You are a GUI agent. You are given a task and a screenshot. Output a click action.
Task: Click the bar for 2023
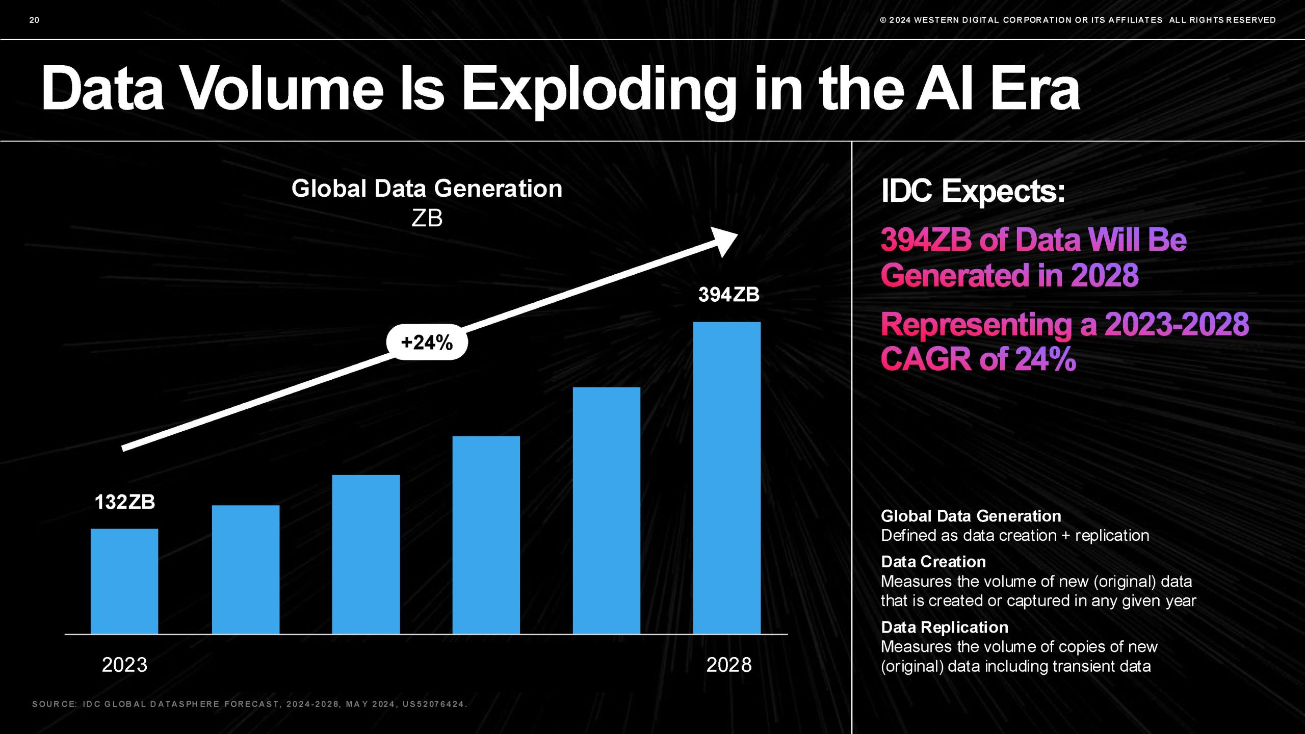pos(124,581)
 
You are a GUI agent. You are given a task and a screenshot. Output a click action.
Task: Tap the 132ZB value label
pos(125,502)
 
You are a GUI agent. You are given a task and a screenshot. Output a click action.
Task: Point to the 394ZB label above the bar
pos(729,295)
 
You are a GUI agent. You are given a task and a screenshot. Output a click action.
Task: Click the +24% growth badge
pos(427,343)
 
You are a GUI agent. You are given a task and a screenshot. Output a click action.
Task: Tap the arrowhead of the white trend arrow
pos(725,241)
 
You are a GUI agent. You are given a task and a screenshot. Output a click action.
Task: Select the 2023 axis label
pos(124,665)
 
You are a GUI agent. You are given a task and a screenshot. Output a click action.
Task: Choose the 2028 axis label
pos(729,665)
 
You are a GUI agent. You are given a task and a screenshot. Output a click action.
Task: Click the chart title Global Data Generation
pos(427,189)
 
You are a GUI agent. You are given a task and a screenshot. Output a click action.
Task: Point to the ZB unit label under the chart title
pos(427,218)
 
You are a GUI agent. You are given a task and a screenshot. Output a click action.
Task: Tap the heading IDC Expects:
pos(973,191)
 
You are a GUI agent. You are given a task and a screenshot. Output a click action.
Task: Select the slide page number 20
pos(34,20)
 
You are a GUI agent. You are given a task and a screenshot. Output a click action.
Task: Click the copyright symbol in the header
pos(883,20)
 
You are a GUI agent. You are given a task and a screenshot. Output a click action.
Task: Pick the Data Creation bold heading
pos(933,562)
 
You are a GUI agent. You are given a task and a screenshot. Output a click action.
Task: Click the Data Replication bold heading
pos(945,627)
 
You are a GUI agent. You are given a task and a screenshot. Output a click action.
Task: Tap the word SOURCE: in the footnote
pos(55,704)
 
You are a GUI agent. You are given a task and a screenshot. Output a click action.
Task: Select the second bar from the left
pos(246,569)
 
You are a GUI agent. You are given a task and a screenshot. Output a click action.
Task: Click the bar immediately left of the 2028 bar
pos(607,510)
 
